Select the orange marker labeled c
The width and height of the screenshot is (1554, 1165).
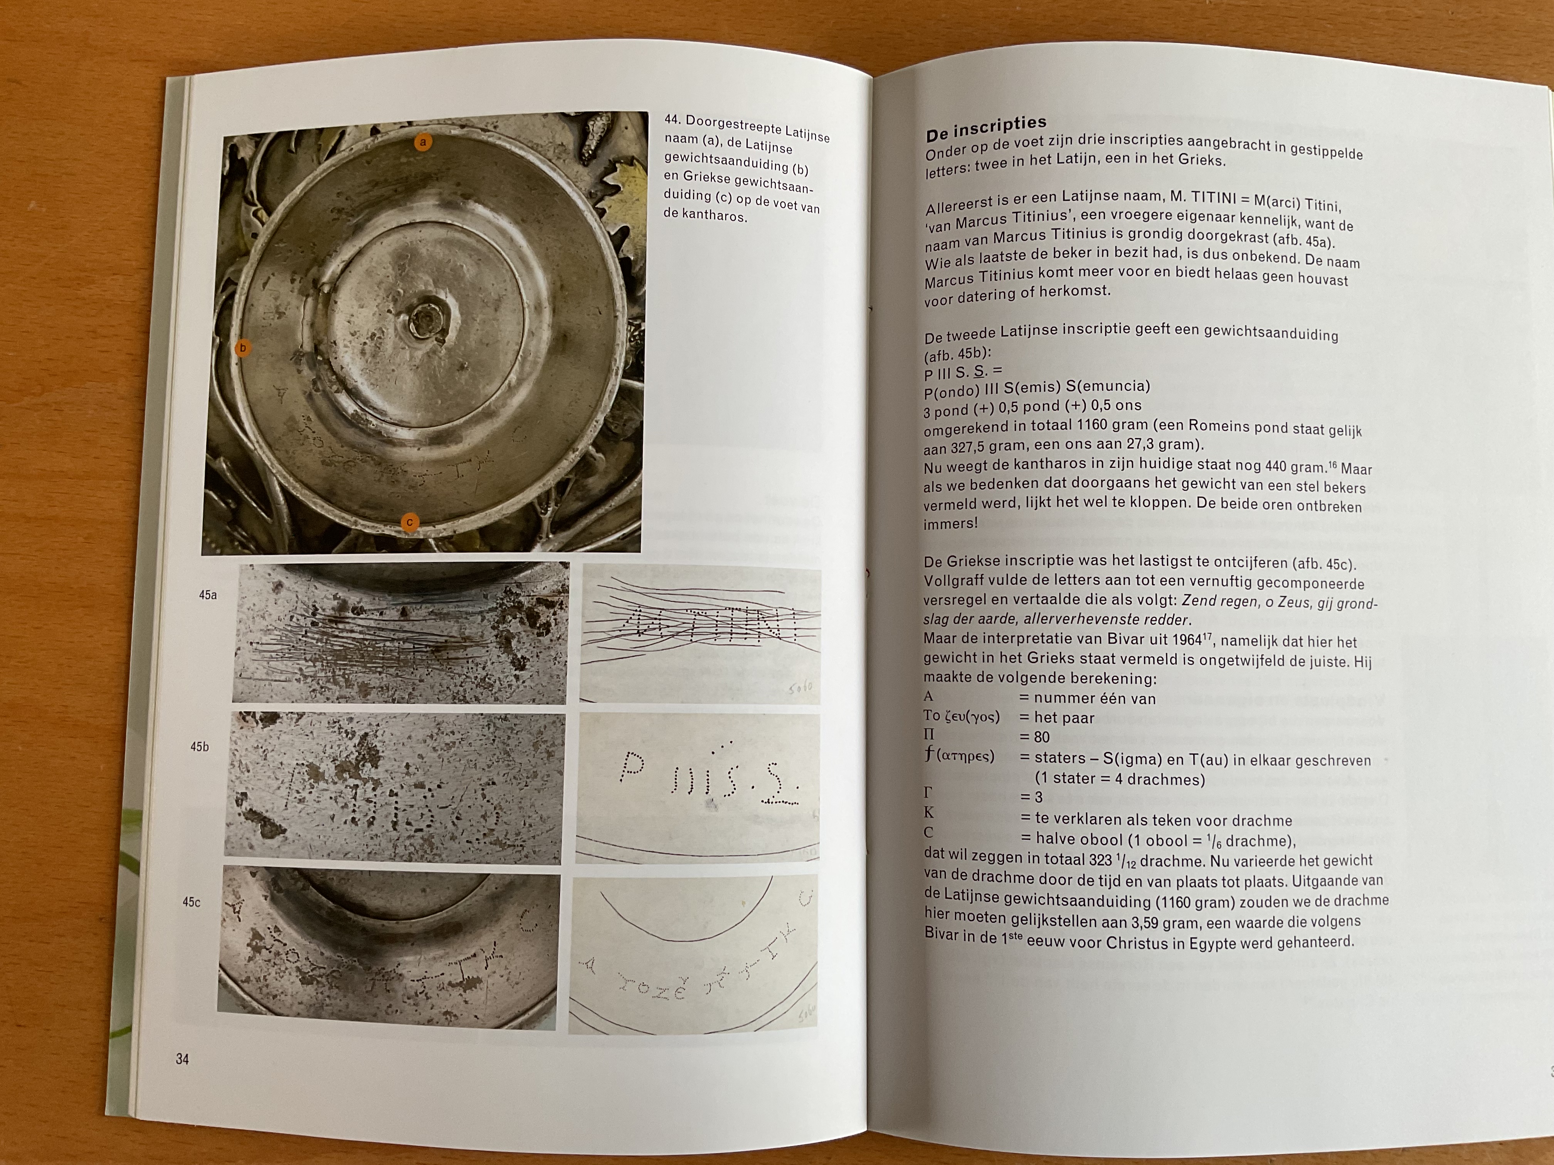[x=409, y=522]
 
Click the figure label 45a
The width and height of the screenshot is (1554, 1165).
[x=208, y=595]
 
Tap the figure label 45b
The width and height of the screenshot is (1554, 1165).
[x=200, y=747]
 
